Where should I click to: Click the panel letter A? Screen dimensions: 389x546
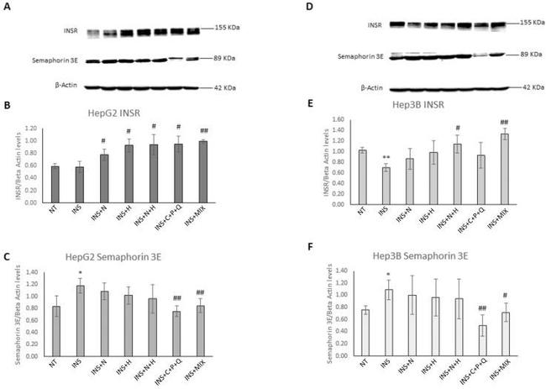tap(8, 8)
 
